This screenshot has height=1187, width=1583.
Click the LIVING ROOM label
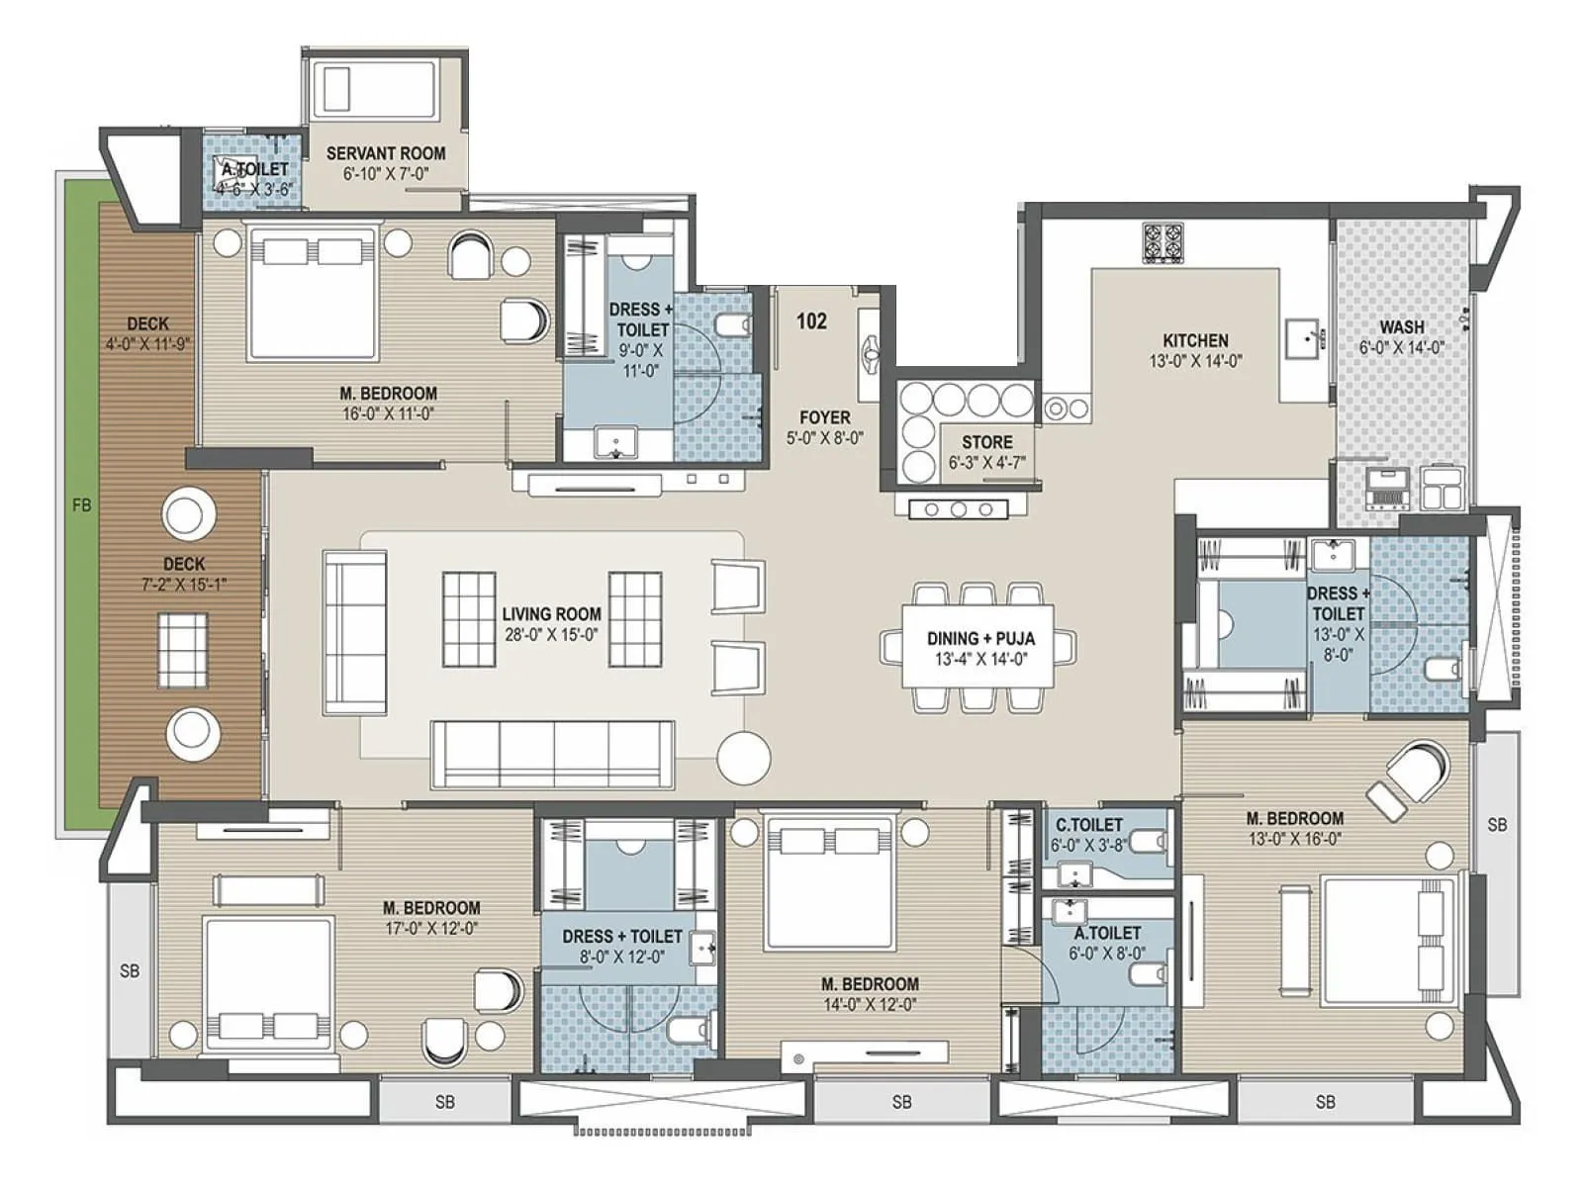tap(551, 614)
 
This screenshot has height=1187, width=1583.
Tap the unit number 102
tap(811, 321)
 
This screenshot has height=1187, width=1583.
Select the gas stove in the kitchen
tap(1163, 243)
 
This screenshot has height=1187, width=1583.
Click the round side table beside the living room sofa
tap(743, 758)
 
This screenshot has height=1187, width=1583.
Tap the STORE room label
tap(986, 442)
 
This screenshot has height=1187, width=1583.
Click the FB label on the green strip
tap(81, 505)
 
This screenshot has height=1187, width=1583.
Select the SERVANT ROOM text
tap(386, 153)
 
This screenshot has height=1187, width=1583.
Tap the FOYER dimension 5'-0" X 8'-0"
tap(824, 438)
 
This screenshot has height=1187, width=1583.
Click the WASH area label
tap(1402, 326)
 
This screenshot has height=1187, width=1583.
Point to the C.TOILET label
tap(1088, 825)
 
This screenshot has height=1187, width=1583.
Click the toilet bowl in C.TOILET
tap(1146, 842)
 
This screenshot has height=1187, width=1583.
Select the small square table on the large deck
tap(183, 643)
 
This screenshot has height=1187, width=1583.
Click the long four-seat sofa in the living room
tap(552, 754)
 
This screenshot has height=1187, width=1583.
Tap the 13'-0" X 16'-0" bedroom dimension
tap(1294, 839)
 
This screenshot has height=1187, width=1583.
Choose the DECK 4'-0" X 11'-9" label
tap(147, 333)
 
